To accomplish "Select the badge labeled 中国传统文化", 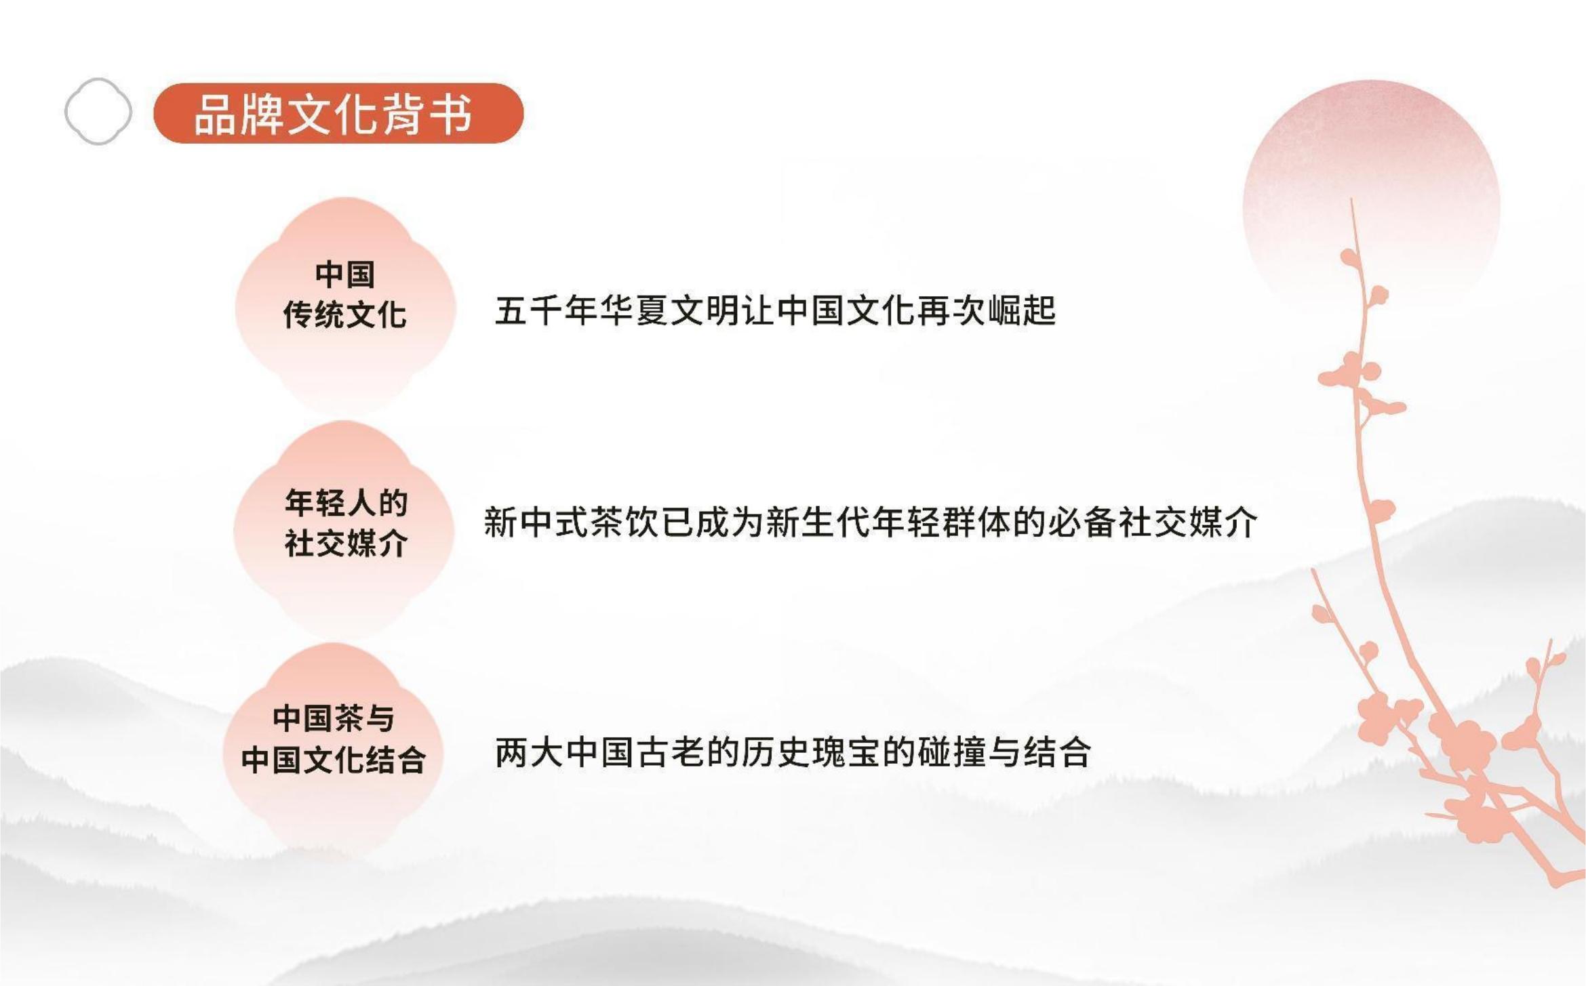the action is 345,305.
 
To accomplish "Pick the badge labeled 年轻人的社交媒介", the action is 345,529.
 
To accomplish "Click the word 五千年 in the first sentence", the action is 547,311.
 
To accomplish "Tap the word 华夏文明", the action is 669,311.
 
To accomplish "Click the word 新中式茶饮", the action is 571,522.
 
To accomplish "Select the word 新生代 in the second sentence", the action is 818,522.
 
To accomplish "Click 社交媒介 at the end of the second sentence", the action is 1188,522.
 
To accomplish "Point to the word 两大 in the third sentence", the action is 530,752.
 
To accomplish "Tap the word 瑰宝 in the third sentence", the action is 846,752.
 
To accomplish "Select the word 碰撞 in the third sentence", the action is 951,752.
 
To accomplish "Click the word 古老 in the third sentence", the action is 671,752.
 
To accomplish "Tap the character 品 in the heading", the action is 216,114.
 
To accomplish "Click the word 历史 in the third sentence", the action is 776,752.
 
